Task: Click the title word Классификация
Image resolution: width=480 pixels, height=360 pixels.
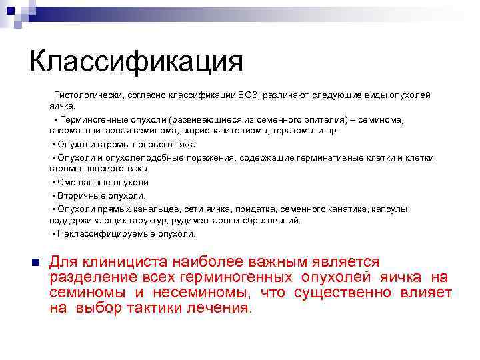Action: [x=136, y=63]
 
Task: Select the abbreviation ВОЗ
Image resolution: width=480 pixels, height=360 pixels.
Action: [x=247, y=95]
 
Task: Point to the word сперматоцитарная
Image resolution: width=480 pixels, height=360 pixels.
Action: [x=85, y=131]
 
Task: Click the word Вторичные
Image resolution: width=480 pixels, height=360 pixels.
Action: [x=83, y=195]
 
